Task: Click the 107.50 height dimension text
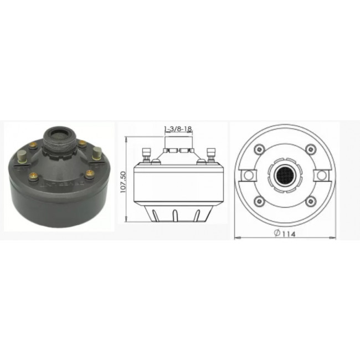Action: (123, 182)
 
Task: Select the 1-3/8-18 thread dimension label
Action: (178, 128)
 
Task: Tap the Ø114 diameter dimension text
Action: (285, 233)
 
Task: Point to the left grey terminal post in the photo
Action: (21, 157)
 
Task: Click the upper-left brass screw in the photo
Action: (34, 145)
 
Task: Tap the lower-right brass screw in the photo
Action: (90, 173)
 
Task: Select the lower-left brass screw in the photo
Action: (34, 176)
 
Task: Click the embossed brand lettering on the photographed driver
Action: (63, 184)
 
